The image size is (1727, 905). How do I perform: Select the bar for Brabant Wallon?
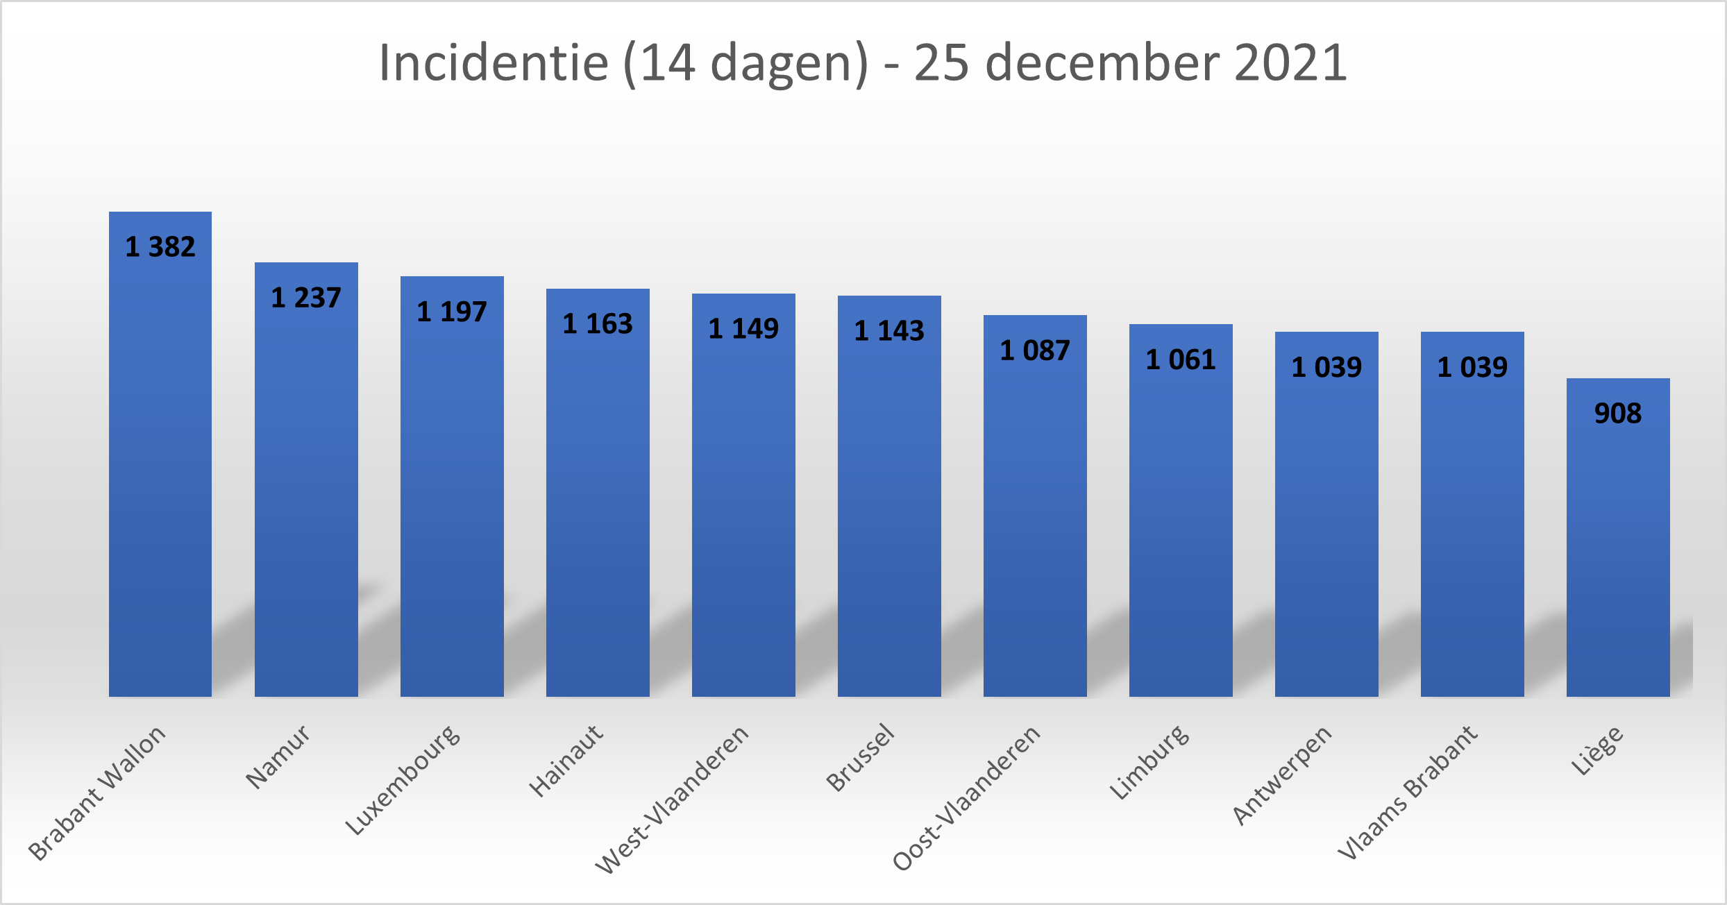click(160, 486)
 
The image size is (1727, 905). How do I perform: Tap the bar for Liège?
click(1618, 555)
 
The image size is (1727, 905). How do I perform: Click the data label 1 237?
click(306, 298)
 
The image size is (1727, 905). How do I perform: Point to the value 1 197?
click(452, 312)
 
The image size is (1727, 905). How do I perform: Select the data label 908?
click(1618, 414)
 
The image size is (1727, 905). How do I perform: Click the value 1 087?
click(1035, 350)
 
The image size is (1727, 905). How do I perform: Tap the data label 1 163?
click(598, 323)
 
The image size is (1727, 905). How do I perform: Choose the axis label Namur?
click(278, 756)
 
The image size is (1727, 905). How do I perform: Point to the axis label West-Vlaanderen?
click(672, 798)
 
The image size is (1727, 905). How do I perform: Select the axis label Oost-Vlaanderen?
click(966, 797)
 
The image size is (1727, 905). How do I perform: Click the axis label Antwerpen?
click(1282, 775)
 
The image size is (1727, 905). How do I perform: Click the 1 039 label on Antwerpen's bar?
click(1326, 367)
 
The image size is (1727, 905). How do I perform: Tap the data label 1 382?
click(160, 247)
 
